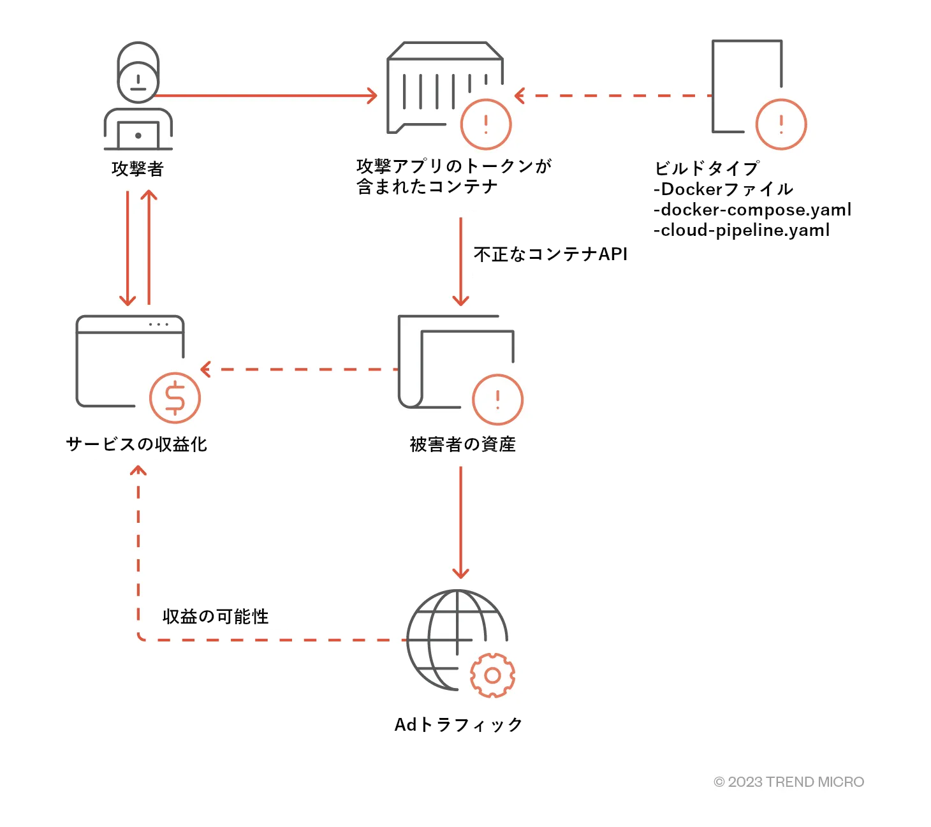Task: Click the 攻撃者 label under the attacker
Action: [x=138, y=169]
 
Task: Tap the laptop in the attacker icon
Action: [x=138, y=135]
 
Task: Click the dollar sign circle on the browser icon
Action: [x=175, y=398]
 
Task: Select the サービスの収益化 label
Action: [x=136, y=444]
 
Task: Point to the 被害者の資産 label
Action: [x=462, y=444]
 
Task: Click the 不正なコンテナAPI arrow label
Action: [x=550, y=254]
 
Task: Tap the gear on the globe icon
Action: [x=492, y=675]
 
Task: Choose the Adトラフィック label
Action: [x=458, y=725]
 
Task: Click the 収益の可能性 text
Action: [x=216, y=617]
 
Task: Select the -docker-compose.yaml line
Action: [x=752, y=210]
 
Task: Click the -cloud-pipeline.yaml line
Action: [x=742, y=230]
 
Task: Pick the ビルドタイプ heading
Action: [x=707, y=168]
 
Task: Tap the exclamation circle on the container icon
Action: [x=486, y=124]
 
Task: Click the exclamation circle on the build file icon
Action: [x=781, y=124]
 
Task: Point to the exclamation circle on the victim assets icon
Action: [x=497, y=400]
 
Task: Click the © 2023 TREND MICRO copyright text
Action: [x=789, y=782]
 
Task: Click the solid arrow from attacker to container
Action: [x=265, y=96]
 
